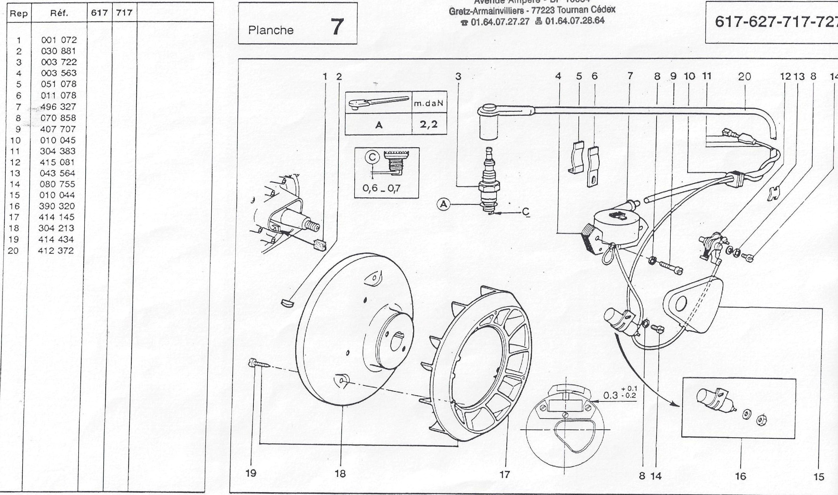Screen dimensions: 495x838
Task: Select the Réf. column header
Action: click(x=59, y=13)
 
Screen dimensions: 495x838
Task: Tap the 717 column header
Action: click(x=124, y=13)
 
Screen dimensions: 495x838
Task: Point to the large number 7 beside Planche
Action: click(x=337, y=27)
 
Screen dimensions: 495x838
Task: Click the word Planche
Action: click(x=271, y=30)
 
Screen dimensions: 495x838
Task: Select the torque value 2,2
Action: click(x=429, y=124)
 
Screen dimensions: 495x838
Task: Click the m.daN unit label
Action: click(x=429, y=103)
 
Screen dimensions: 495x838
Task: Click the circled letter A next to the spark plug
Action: click(x=443, y=204)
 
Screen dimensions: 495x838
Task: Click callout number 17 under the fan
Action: click(x=505, y=474)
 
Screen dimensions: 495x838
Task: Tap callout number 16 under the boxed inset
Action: click(x=740, y=476)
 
